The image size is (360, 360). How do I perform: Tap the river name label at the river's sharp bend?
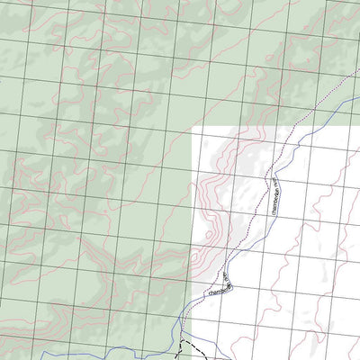pyautogui.click(x=219, y=286)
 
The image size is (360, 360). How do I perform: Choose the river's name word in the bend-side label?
pyautogui.click(x=214, y=289)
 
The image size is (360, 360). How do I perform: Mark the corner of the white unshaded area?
pyautogui.click(x=193, y=127)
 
